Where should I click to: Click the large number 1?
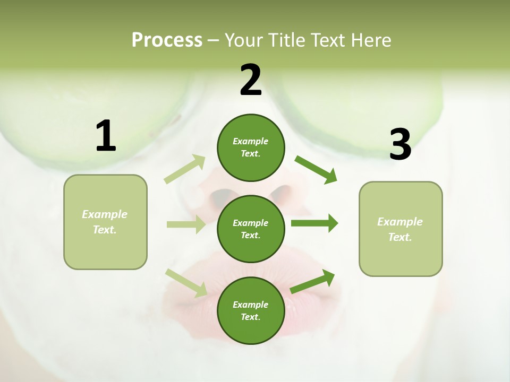point(106,136)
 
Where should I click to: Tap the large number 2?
point(251,80)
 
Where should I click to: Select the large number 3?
point(400,145)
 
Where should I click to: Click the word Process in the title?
point(167,40)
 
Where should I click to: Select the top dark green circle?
point(250,147)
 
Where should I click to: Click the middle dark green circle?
point(250,229)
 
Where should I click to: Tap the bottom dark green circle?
point(250,311)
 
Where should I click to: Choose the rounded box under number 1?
point(105,222)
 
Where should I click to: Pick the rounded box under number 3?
point(401,229)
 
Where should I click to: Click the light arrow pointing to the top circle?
point(185,169)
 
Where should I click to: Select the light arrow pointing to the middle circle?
point(186,224)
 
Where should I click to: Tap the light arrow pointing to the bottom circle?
point(186,283)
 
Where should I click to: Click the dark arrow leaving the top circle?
point(316,170)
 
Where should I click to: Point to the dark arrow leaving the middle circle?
point(314,223)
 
